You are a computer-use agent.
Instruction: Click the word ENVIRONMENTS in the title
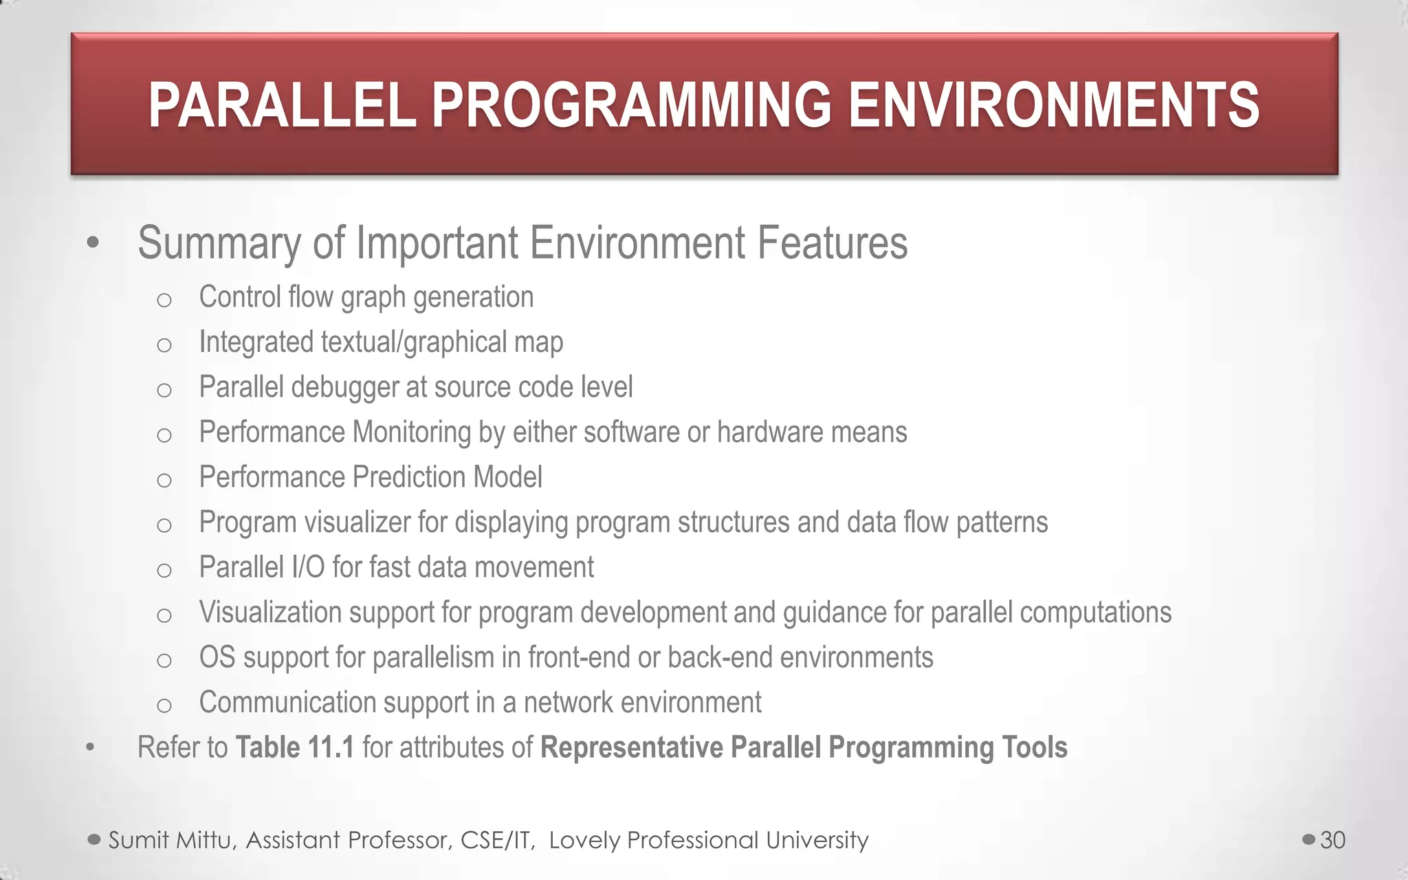click(x=1053, y=105)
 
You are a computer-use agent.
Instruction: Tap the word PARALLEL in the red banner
click(x=283, y=105)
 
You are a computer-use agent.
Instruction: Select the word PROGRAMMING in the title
click(x=632, y=105)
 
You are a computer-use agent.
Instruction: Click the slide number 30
click(x=1332, y=840)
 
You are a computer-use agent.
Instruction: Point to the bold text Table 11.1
click(x=295, y=747)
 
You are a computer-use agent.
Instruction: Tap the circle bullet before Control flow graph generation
click(x=164, y=300)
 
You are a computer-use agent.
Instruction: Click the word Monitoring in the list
click(x=411, y=432)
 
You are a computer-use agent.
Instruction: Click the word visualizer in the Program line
click(x=357, y=522)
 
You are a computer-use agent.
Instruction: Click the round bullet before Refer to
click(x=90, y=749)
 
